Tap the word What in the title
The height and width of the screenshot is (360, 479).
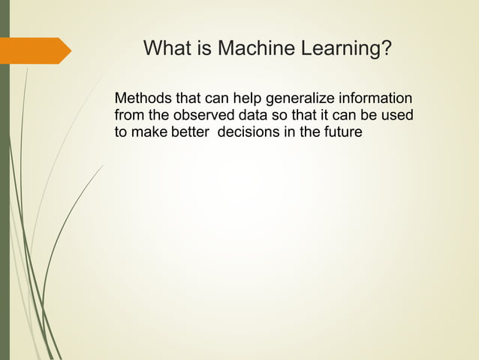point(167,50)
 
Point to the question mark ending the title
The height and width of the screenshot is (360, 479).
point(387,50)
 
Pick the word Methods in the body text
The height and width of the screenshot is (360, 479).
point(141,98)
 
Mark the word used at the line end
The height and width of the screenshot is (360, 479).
point(399,116)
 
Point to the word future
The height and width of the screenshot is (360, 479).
point(342,133)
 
